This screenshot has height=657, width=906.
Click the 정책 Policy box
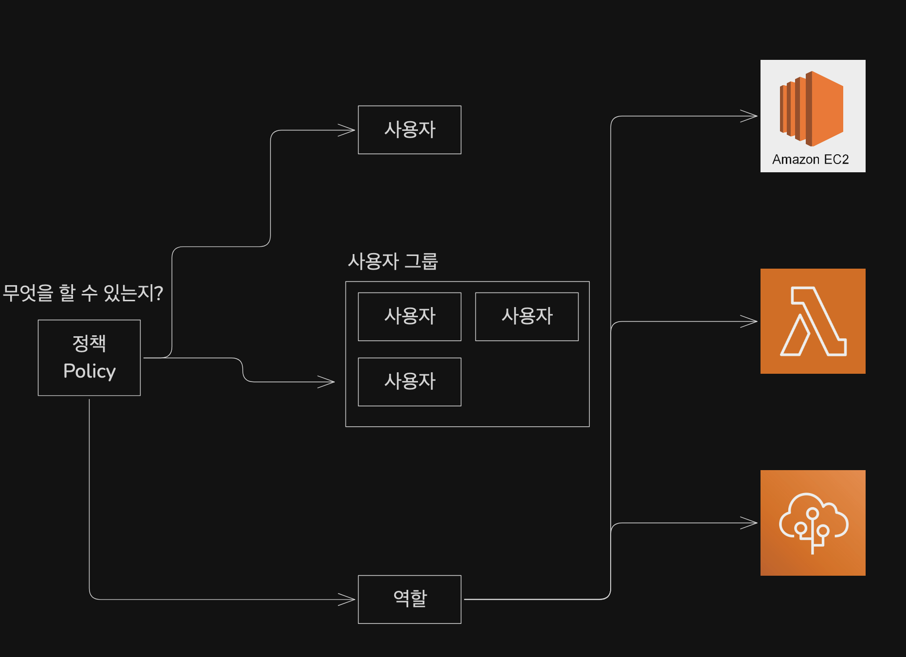(89, 357)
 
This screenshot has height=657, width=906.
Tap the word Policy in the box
(90, 371)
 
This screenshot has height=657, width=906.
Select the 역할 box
(409, 599)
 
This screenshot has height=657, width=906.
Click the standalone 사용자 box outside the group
(409, 130)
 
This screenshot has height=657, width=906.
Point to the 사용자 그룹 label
(393, 261)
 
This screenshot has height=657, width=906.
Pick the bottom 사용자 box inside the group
(409, 382)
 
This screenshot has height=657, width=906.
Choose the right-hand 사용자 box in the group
(526, 316)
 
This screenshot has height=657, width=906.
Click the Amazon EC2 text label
(810, 160)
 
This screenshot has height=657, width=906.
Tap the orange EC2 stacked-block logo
(811, 108)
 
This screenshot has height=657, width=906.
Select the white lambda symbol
(813, 322)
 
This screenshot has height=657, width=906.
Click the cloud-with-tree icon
(813, 523)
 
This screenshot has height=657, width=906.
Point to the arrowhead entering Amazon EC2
(750, 116)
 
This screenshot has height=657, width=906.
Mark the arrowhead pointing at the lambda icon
(750, 322)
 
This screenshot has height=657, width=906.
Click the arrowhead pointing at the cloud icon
(750, 523)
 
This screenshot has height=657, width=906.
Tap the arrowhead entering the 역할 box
(347, 600)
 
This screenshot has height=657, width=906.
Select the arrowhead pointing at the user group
(327, 382)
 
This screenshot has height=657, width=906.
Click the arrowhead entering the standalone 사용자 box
(347, 130)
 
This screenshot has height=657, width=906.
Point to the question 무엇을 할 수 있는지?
(83, 293)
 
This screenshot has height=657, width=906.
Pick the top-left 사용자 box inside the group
(409, 316)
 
